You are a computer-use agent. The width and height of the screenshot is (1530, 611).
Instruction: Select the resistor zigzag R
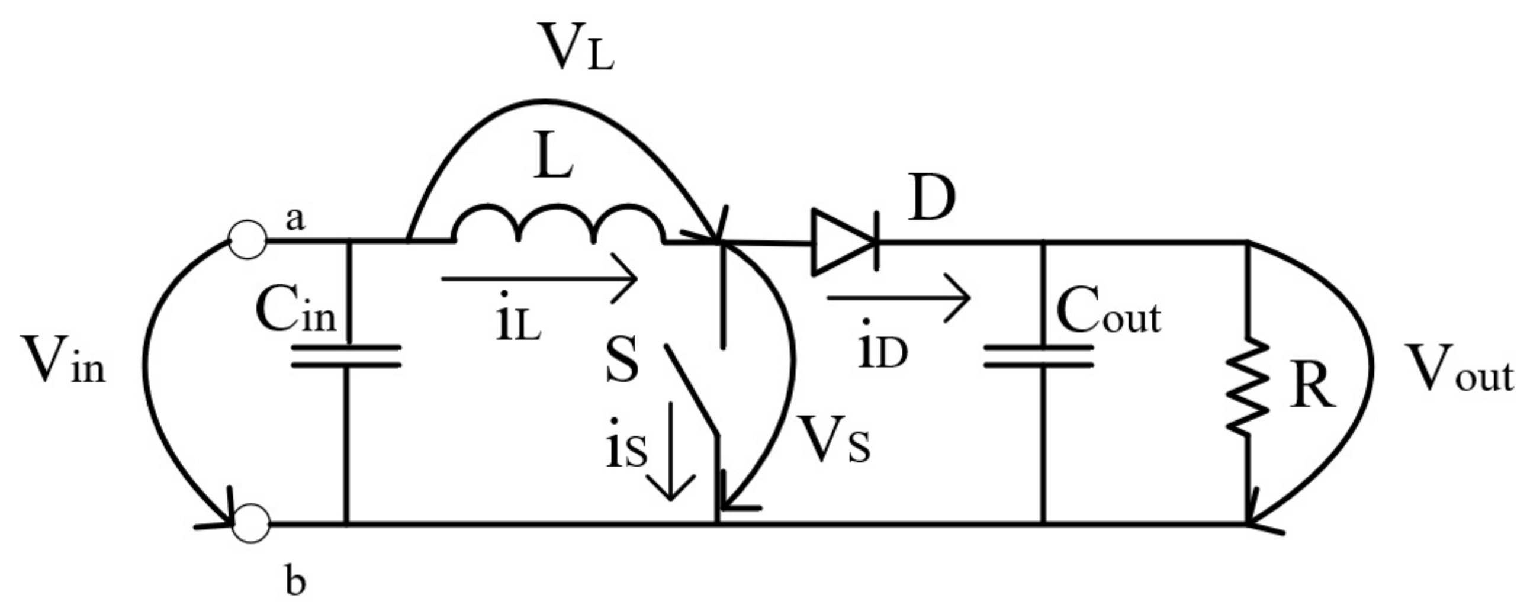(1248, 386)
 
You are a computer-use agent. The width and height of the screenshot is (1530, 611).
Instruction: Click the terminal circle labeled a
(247, 240)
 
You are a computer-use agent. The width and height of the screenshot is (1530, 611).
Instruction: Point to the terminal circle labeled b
(251, 523)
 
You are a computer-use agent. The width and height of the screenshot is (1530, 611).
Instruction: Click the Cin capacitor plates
(347, 356)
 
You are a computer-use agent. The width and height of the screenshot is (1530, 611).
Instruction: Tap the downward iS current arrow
(671, 451)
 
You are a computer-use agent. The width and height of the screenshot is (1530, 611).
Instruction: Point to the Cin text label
(296, 313)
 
